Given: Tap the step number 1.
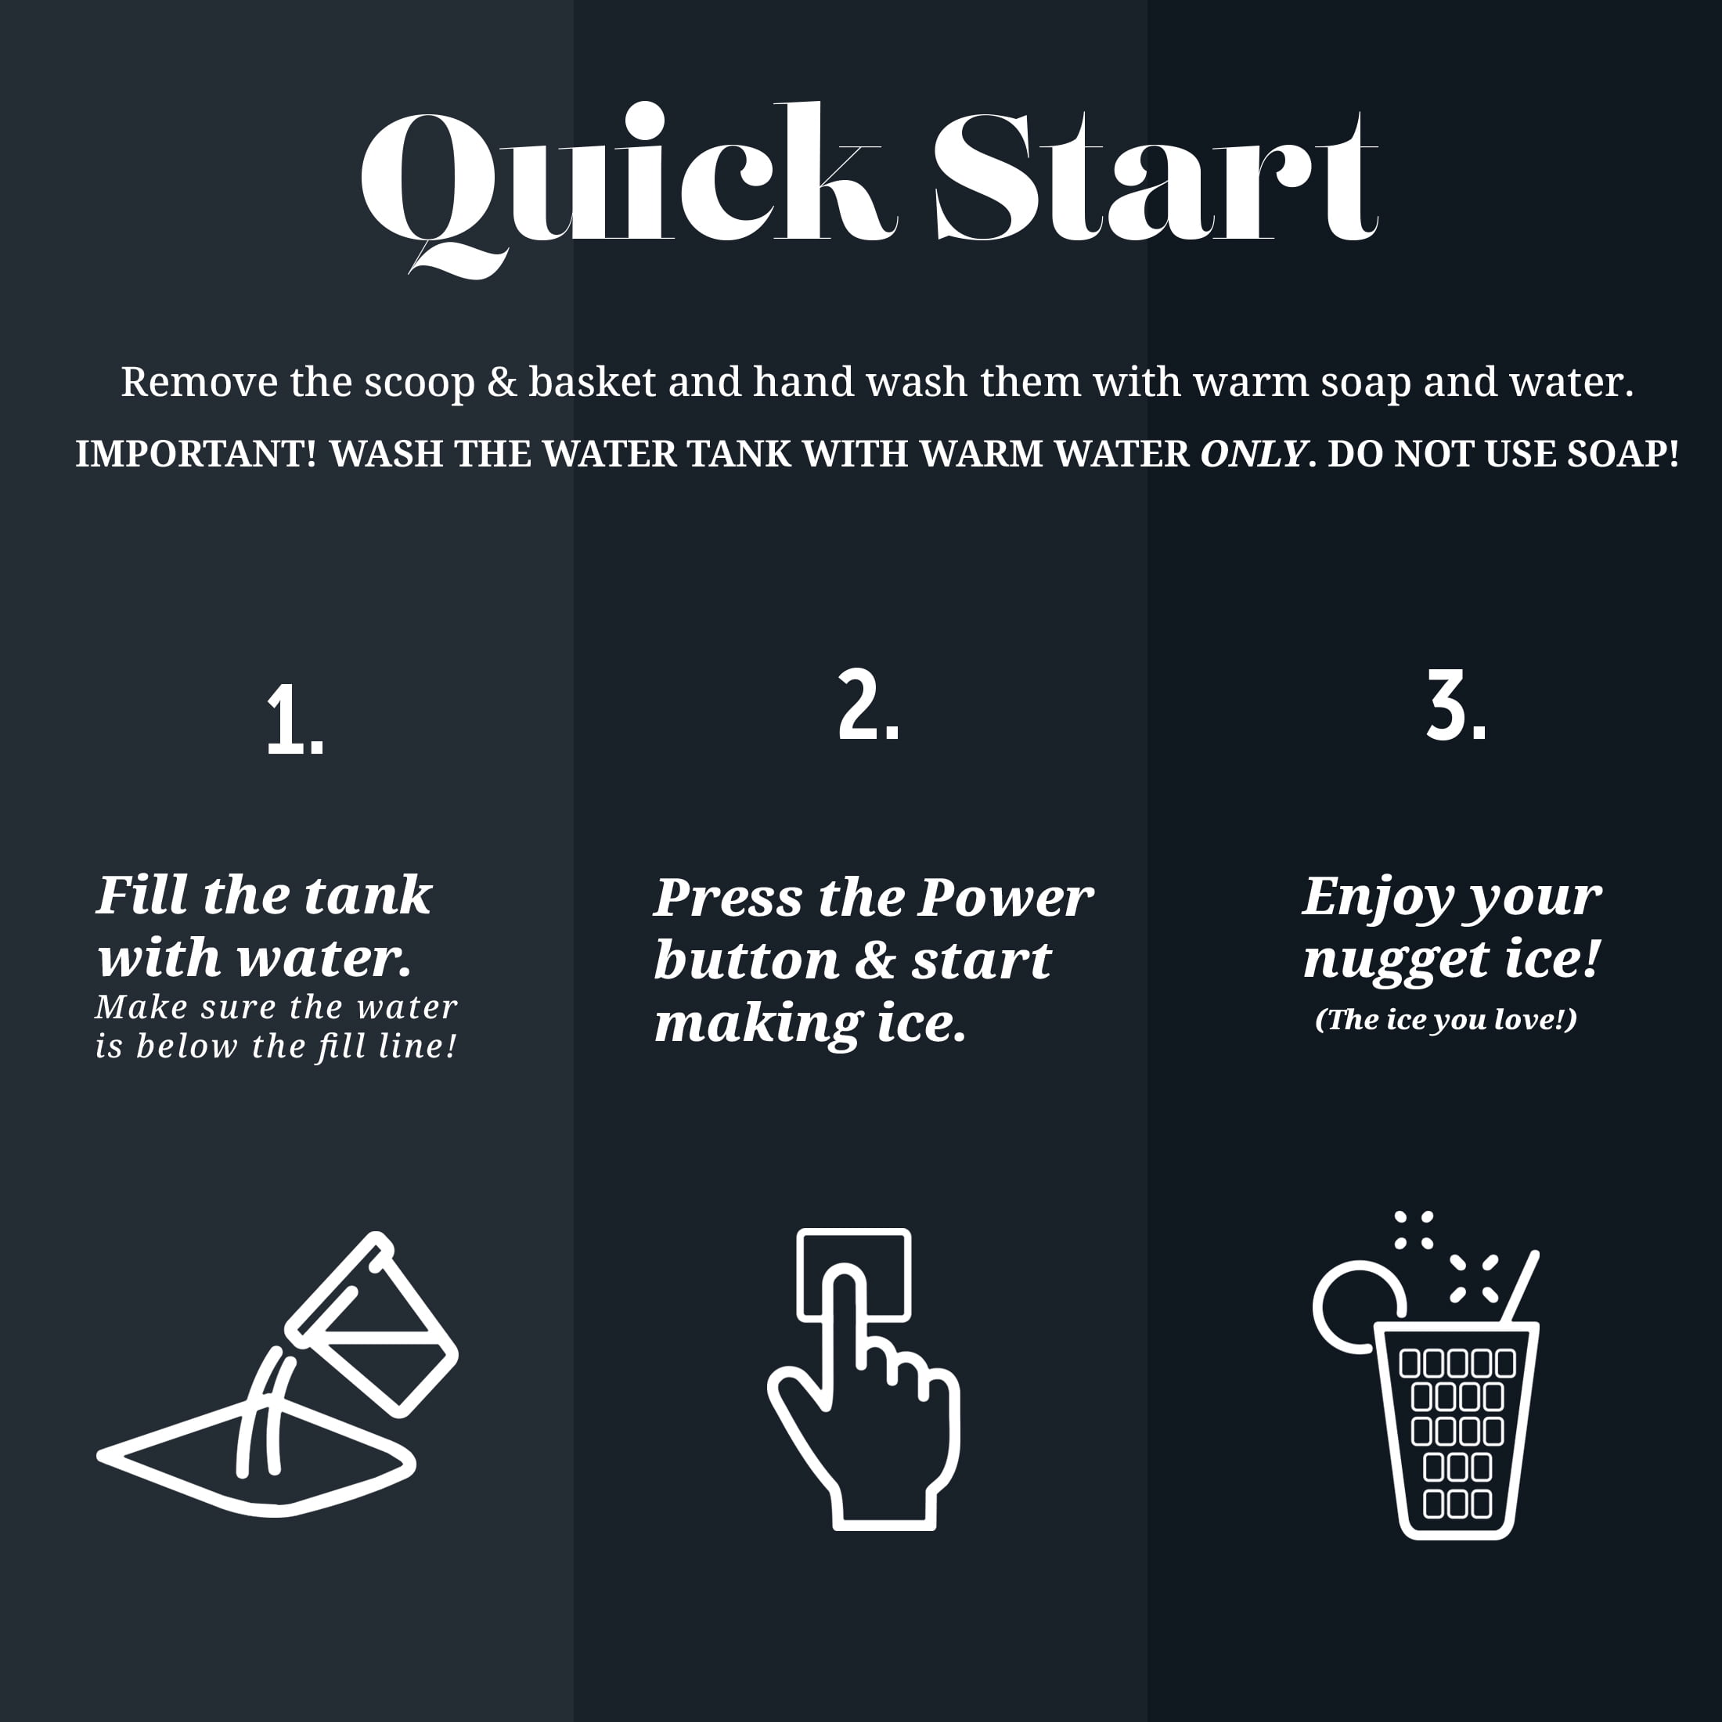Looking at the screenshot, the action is pyautogui.click(x=295, y=721).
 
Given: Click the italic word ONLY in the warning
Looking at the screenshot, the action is pyautogui.click(x=1253, y=454).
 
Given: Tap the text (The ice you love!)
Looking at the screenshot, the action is pyautogui.click(x=1446, y=1020).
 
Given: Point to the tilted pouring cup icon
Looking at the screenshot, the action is pyautogui.click(x=373, y=1324).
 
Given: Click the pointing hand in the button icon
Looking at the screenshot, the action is pyautogui.click(x=863, y=1407).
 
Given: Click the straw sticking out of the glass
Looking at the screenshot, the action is pyautogui.click(x=1522, y=1286).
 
